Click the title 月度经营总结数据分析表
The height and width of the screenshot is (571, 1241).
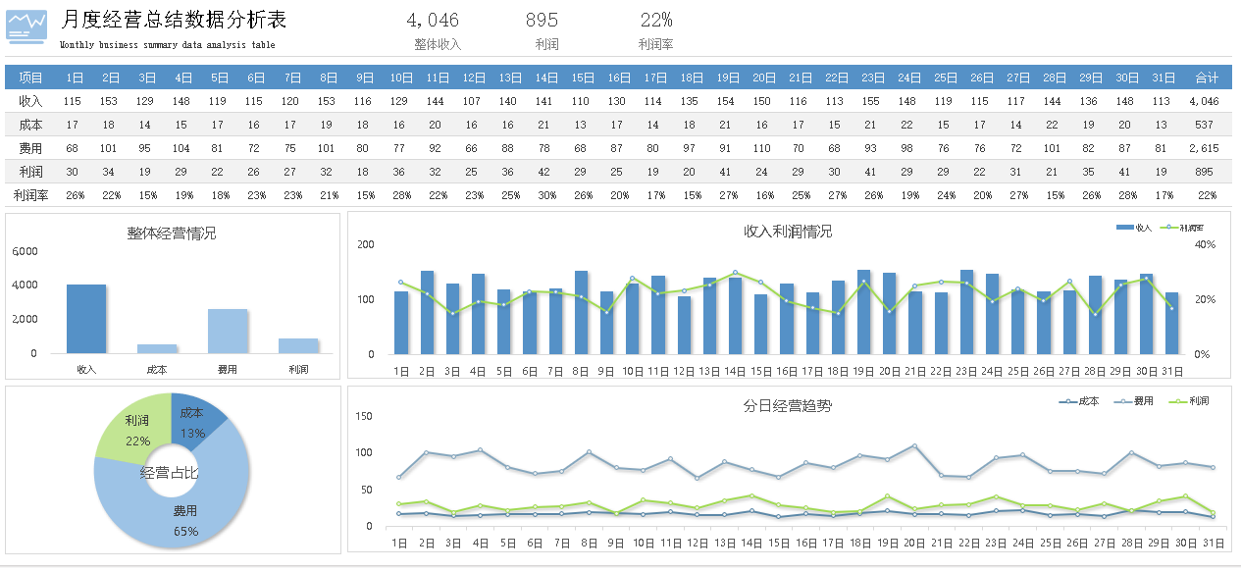point(174,21)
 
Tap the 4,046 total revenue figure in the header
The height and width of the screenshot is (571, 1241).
point(432,21)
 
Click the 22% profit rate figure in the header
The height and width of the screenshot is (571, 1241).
point(655,21)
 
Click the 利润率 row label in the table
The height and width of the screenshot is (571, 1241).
point(30,195)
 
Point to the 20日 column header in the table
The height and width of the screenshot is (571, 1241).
point(764,78)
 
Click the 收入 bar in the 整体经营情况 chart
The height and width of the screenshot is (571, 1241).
point(86,319)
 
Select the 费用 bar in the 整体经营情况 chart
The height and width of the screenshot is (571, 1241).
point(228,331)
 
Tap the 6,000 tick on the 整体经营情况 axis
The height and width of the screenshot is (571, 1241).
point(26,251)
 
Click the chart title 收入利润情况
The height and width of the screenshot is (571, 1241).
point(788,232)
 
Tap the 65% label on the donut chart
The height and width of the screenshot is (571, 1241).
point(186,531)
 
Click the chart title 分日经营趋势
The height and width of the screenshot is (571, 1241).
point(788,406)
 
